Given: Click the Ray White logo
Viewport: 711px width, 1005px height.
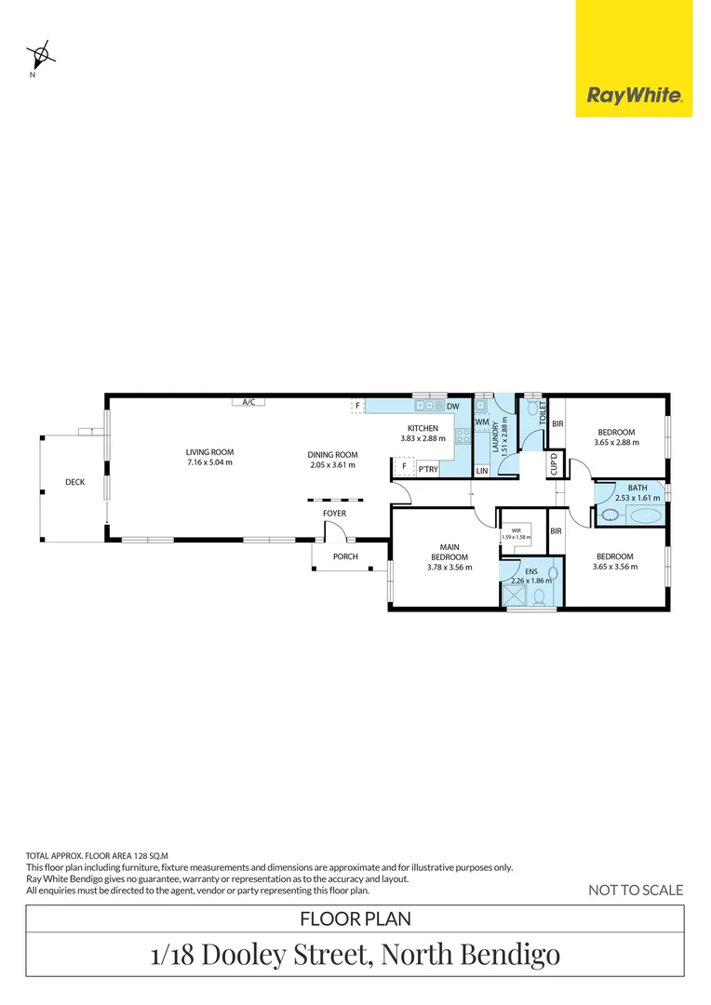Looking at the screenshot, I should [634, 95].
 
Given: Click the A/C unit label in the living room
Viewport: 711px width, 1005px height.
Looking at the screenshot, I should [248, 402].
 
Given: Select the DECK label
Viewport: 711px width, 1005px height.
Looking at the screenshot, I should [74, 482].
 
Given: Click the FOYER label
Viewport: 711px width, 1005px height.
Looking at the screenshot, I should [334, 513].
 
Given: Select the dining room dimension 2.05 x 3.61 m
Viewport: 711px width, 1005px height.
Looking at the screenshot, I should [331, 464].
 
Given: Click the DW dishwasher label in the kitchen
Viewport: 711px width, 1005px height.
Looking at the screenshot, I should [452, 407].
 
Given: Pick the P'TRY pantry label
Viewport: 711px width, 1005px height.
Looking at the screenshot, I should [427, 470].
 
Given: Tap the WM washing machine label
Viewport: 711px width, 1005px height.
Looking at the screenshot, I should [481, 422].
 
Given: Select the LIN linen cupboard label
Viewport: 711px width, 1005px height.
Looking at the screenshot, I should [481, 471].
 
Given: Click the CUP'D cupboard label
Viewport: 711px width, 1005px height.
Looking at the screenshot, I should [554, 462].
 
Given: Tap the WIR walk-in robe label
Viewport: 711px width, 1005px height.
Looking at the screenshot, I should [516, 529].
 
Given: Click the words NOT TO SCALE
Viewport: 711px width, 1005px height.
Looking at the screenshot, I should [636, 891].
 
